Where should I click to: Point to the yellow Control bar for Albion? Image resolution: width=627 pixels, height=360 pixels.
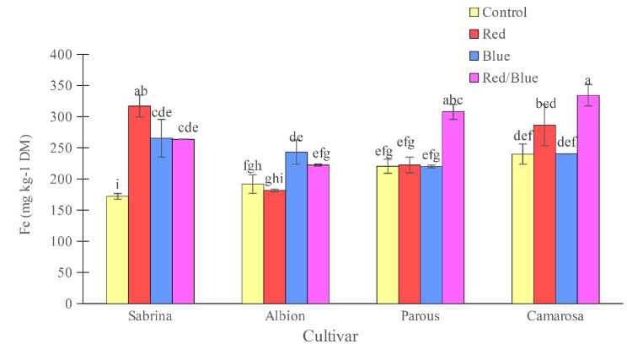click(252, 244)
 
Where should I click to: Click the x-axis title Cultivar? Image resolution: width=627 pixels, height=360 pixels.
click(330, 336)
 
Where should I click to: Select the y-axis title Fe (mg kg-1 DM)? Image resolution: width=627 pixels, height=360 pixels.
click(29, 179)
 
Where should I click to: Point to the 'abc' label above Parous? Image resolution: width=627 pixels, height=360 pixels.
click(453, 100)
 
